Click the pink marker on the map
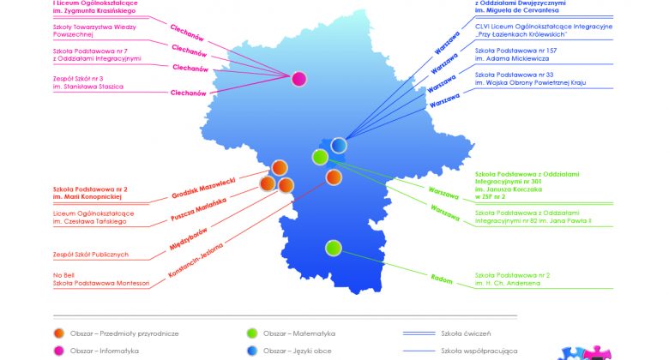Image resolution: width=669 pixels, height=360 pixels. (298, 80)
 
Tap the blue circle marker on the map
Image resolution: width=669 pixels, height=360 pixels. (339, 145)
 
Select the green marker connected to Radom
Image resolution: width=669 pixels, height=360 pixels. (334, 248)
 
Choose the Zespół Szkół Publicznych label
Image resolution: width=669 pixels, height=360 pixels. (90, 254)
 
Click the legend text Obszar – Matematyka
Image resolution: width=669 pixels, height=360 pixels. (298, 333)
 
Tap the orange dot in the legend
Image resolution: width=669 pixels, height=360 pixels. (58, 333)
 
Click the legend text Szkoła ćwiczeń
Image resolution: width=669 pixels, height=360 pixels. (468, 333)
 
